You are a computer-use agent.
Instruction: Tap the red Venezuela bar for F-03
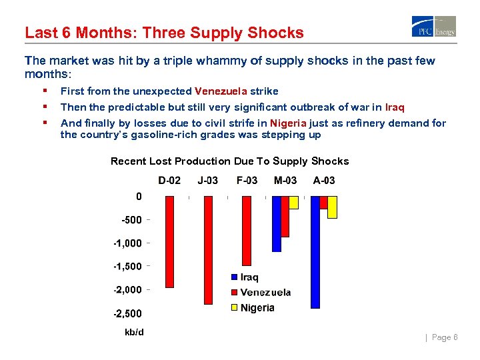pyautogui.click(x=247, y=231)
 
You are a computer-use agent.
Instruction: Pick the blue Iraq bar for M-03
pyautogui.click(x=277, y=223)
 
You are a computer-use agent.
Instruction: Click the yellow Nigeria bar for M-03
pyautogui.click(x=293, y=203)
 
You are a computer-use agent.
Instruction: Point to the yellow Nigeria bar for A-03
pyautogui.click(x=332, y=207)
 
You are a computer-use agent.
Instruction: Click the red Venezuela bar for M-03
pyautogui.click(x=285, y=216)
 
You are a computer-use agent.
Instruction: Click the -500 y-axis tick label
pyautogui.click(x=130, y=219)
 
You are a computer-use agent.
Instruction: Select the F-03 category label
pyautogui.click(x=247, y=180)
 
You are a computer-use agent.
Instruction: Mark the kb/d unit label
pyautogui.click(x=134, y=332)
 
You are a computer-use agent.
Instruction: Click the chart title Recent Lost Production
pyautogui.click(x=229, y=161)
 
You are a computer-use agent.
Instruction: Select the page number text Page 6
pyautogui.click(x=445, y=337)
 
